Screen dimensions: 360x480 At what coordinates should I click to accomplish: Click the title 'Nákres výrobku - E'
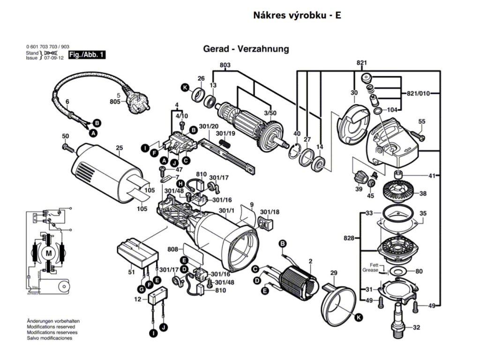[x=297, y=15]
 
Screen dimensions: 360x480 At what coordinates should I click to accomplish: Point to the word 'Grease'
[x=370, y=270]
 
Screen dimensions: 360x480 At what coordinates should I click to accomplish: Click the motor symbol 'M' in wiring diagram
[x=49, y=254]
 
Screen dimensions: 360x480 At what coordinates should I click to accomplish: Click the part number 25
[x=119, y=148]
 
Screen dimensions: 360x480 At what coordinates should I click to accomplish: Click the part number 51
[x=131, y=272]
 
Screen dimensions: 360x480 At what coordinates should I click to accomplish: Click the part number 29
[x=334, y=273]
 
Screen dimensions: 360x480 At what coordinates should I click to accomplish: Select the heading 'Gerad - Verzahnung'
[x=246, y=49]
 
